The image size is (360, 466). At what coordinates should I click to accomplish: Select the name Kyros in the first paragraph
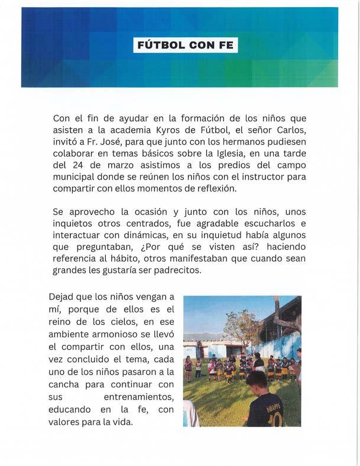(170, 130)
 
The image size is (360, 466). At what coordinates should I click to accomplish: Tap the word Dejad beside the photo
(63, 297)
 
